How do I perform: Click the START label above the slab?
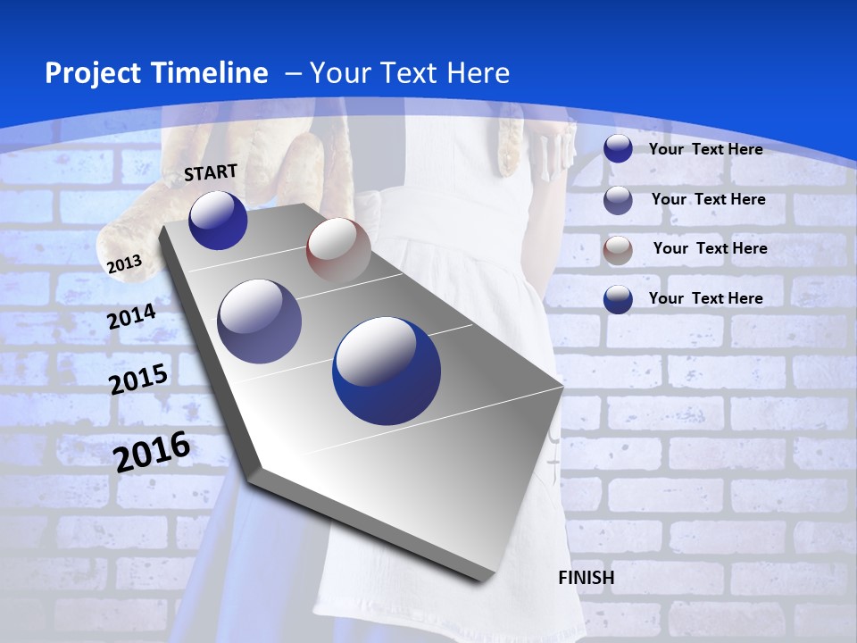click(x=211, y=171)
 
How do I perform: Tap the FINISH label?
click(x=586, y=578)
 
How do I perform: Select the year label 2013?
click(x=124, y=263)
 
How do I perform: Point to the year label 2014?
click(x=131, y=316)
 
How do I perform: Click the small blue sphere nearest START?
click(x=218, y=221)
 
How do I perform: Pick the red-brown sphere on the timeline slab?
click(x=338, y=250)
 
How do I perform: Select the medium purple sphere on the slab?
click(x=260, y=321)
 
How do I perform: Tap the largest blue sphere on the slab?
click(x=387, y=371)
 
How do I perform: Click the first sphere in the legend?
click(x=618, y=149)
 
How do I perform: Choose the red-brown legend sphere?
click(x=618, y=249)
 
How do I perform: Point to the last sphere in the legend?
click(x=618, y=299)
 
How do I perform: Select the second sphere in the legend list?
click(x=618, y=200)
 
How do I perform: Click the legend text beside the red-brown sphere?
click(x=710, y=248)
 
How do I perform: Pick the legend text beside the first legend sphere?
click(x=705, y=149)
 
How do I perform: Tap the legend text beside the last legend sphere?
click(x=705, y=298)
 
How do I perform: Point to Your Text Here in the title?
click(x=410, y=73)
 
